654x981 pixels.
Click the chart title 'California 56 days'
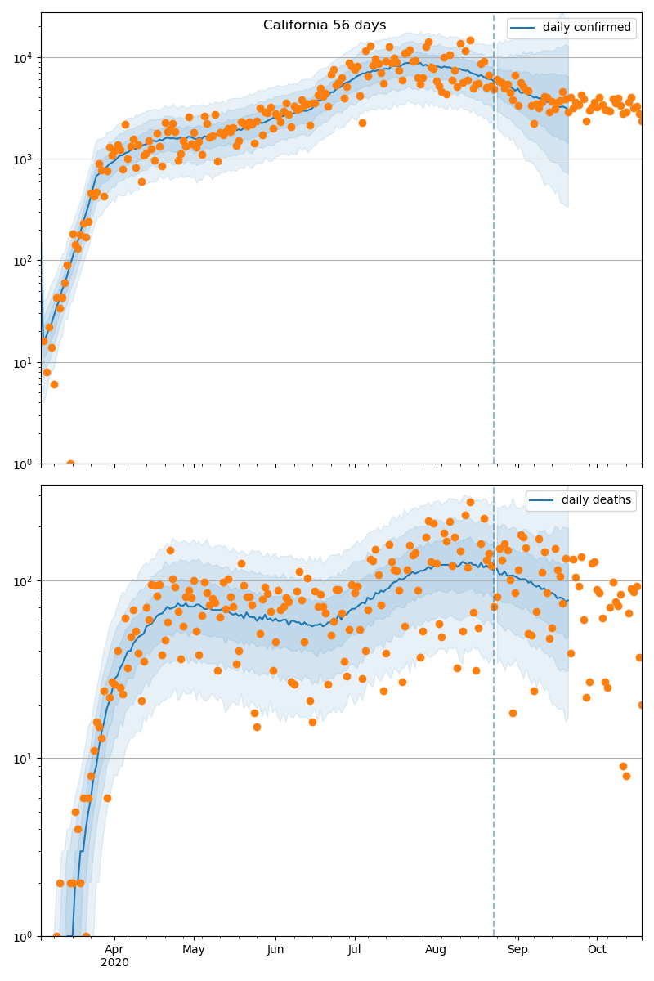pos(325,25)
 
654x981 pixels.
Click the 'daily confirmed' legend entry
pos(586,28)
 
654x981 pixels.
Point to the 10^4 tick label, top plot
pos(22,58)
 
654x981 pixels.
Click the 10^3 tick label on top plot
pos(22,159)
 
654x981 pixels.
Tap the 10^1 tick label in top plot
pos(22,362)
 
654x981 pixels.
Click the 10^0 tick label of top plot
pos(22,464)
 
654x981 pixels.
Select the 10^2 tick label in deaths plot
pos(22,581)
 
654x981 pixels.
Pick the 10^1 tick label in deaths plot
pos(22,758)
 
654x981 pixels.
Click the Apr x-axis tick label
pos(114,949)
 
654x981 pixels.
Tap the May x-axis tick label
pos(194,949)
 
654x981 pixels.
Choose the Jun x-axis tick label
pos(275,949)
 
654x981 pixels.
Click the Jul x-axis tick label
pos(355,949)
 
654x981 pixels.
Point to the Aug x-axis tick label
pos(436,949)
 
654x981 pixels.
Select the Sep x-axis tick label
pos(517,949)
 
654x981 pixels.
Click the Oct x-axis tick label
pos(597,949)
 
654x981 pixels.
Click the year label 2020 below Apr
pos(114,963)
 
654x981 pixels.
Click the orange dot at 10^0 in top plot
pos(70,464)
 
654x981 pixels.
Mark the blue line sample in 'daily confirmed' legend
pos(523,28)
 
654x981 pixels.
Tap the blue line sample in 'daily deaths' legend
pos(542,500)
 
